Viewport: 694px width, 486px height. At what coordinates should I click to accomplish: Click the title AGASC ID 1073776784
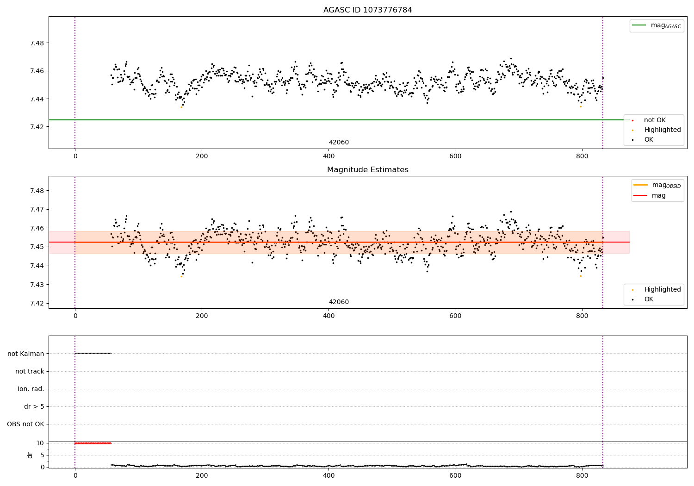[x=367, y=10]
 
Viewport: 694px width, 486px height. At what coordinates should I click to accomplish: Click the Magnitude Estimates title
[x=367, y=170]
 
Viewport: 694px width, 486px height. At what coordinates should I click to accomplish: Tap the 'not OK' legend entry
[x=654, y=120]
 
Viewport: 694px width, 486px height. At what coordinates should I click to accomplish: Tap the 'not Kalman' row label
[x=26, y=354]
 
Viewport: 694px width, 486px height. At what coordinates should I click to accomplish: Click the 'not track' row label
[x=30, y=371]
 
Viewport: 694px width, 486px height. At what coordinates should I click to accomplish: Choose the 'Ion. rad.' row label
[x=31, y=389]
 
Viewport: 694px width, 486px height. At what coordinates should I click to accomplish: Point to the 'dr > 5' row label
[x=34, y=406]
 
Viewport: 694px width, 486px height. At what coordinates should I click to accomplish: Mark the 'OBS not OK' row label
[x=25, y=424]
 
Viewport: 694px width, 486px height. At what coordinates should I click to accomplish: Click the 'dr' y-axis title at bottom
[x=30, y=455]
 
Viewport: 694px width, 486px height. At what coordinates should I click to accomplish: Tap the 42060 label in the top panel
[x=339, y=143]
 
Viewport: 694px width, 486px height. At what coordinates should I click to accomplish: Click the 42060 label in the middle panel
[x=339, y=302]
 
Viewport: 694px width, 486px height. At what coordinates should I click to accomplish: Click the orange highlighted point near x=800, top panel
[x=581, y=106]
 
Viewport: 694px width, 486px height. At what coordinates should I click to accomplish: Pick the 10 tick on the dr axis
[x=40, y=443]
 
